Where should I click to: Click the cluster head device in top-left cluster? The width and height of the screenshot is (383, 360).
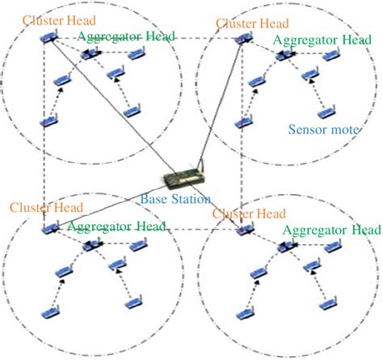tap(52, 36)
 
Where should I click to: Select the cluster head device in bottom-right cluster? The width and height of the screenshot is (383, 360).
tap(243, 231)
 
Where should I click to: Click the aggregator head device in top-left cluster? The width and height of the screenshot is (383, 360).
tap(89, 54)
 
